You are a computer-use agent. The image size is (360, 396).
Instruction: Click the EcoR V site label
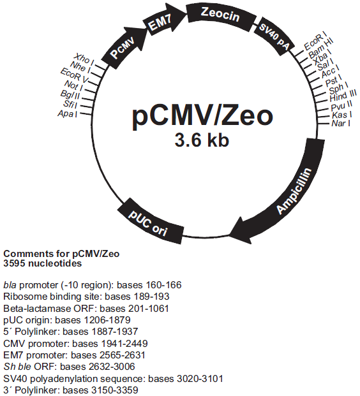click(x=75, y=75)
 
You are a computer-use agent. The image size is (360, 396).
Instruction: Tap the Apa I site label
click(x=67, y=114)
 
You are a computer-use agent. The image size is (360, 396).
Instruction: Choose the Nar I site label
click(x=341, y=124)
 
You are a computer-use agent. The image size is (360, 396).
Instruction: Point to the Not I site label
click(x=73, y=85)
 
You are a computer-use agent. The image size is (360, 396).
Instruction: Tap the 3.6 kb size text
click(x=202, y=140)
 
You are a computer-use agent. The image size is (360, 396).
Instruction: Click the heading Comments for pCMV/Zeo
click(x=61, y=254)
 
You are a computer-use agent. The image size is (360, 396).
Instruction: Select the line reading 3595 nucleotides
click(x=43, y=263)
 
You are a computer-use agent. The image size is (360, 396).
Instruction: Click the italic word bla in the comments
click(x=10, y=285)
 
